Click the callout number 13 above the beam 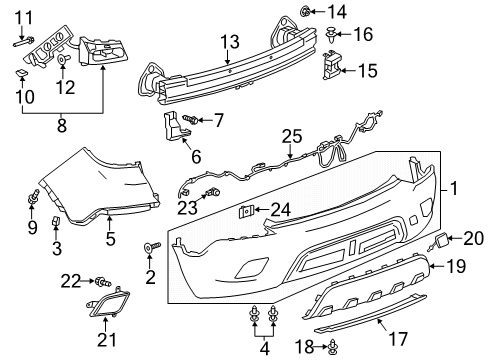coord(230,41)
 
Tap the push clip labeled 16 coord(330,35)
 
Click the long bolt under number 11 coord(27,41)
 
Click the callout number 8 coord(62,127)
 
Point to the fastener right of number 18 coord(331,347)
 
